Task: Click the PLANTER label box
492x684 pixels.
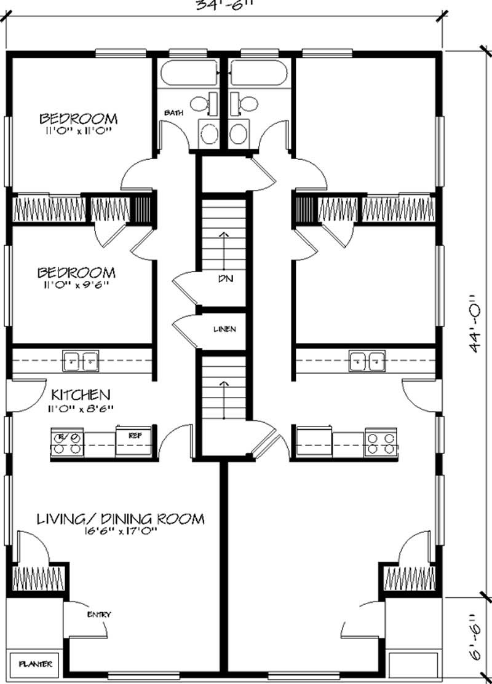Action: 34,664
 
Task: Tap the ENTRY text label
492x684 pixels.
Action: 99,614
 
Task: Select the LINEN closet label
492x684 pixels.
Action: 224,329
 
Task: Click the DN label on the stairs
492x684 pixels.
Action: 224,278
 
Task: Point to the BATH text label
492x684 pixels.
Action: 171,112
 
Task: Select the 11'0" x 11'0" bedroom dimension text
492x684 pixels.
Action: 78,130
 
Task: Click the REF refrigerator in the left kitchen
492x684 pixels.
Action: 136,441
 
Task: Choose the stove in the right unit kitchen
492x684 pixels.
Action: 379,442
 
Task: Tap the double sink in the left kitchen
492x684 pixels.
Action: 81,361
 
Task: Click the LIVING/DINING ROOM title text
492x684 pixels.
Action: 120,519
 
